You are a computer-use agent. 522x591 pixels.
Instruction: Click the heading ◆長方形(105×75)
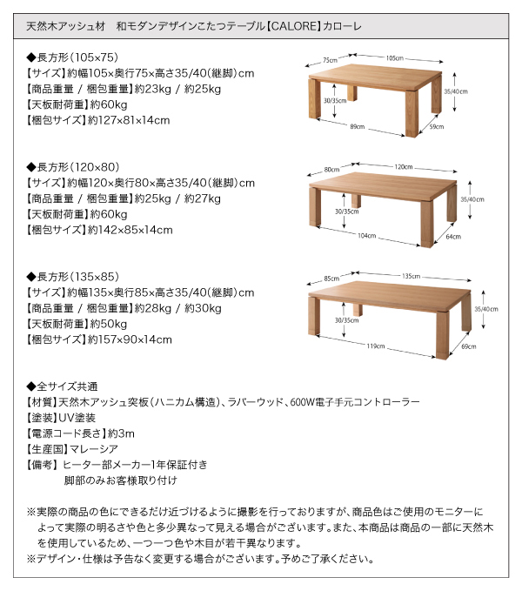(72, 57)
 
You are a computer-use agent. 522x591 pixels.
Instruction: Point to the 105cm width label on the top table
(394, 58)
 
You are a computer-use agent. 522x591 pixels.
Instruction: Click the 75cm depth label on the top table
(330, 60)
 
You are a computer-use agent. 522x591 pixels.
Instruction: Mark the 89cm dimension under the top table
(357, 127)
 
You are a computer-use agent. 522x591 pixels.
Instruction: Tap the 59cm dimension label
(437, 127)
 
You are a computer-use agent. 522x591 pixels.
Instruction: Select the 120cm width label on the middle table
(404, 167)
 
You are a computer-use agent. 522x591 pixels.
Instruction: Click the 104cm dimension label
(366, 236)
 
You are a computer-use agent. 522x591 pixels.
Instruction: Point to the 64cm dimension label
(453, 237)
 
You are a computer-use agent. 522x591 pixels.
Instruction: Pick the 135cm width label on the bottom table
(411, 276)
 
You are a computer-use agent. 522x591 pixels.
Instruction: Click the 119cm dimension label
(376, 346)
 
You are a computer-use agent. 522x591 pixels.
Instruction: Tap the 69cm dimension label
(469, 346)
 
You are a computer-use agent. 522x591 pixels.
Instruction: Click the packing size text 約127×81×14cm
(129, 120)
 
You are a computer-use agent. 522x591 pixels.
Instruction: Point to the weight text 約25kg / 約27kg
(177, 198)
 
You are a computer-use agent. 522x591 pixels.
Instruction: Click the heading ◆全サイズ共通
(62, 386)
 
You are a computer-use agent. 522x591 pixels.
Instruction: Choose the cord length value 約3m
(121, 433)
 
